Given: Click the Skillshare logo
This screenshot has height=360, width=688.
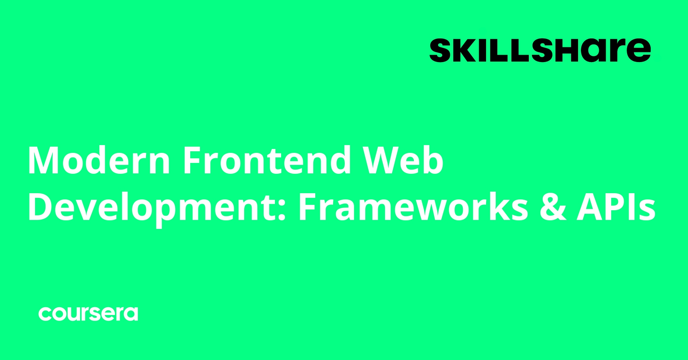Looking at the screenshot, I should [x=540, y=50].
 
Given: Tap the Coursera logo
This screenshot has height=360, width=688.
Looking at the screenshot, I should [x=88, y=313].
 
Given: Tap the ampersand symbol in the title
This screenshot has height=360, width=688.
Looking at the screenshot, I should [x=552, y=207].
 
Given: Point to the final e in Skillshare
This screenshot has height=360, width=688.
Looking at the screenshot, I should [x=639, y=52].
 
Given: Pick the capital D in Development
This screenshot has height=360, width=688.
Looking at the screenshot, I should [x=40, y=207].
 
